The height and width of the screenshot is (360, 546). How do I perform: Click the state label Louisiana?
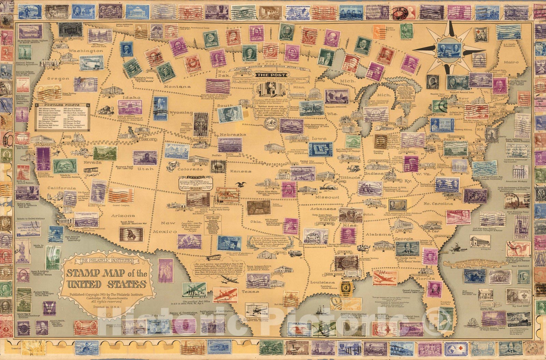pos(322,282)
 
